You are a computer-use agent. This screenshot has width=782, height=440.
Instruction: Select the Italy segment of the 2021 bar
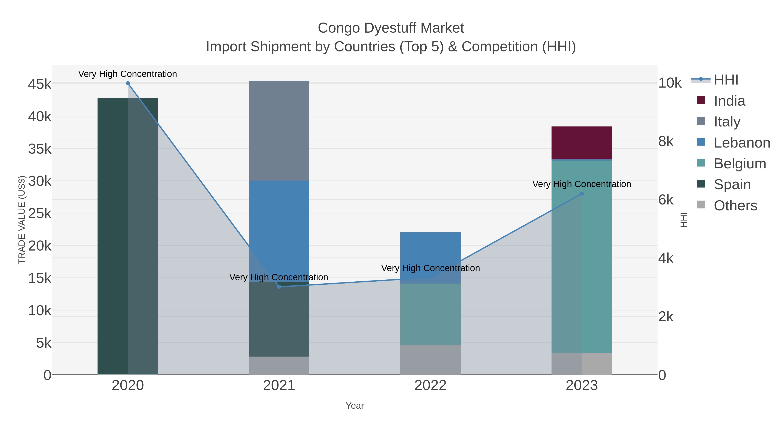tap(279, 131)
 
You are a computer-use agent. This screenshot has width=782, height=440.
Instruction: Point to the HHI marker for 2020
tap(128, 83)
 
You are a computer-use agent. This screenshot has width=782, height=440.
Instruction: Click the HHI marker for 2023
tap(582, 194)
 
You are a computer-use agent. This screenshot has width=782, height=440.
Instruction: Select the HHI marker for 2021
tap(279, 287)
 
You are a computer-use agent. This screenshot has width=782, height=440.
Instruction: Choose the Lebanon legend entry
tap(742, 143)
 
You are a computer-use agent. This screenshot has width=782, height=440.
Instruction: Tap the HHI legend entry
tap(726, 80)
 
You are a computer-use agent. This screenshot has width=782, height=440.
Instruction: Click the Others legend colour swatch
tap(701, 205)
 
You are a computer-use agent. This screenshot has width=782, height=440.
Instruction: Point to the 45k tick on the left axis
tap(40, 85)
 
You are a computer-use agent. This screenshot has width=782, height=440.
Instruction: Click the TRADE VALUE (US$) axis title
tap(22, 220)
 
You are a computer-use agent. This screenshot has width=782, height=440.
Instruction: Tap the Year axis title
tap(355, 406)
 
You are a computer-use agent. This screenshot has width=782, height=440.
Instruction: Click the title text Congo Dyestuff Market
tap(391, 28)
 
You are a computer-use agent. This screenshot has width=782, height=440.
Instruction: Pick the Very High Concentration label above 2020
tap(128, 74)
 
